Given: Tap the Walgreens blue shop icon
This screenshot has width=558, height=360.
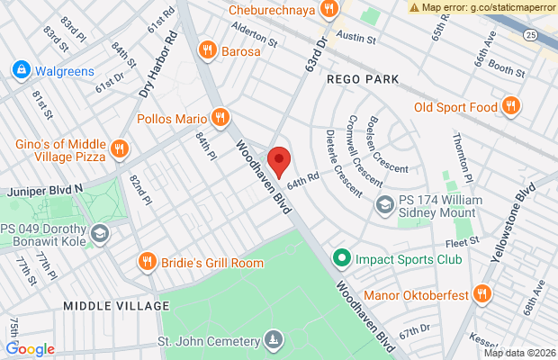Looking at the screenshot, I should point(20,69).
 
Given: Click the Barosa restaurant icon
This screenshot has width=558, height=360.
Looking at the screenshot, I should point(208,50).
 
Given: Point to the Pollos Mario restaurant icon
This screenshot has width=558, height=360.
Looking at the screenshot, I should point(220,117).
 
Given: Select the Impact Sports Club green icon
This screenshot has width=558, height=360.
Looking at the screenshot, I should point(342,259).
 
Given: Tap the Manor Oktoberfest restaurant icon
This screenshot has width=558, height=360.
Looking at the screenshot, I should point(482,292).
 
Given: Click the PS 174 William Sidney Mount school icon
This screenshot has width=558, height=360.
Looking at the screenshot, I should point(385,206).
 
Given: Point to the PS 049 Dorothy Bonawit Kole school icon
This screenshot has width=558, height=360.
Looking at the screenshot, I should point(101,233).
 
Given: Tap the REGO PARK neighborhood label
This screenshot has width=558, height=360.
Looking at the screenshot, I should point(363,80).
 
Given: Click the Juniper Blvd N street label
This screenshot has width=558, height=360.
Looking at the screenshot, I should point(43,191).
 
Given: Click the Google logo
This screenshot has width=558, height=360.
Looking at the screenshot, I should point(31,349).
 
